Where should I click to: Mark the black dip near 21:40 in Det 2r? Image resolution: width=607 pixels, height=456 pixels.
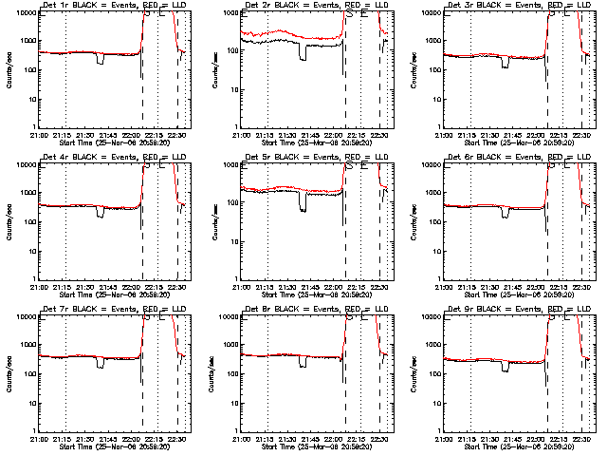click(x=303, y=53)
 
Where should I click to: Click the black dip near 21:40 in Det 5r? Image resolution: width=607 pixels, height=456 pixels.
click(x=303, y=204)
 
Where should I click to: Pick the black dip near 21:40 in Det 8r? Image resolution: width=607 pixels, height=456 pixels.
click(x=303, y=362)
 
